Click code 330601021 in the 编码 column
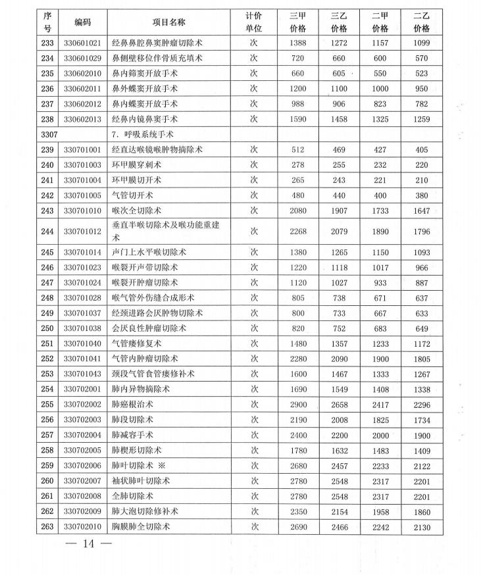coord(83,43)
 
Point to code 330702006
coord(83,465)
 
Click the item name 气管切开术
coord(134,195)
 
